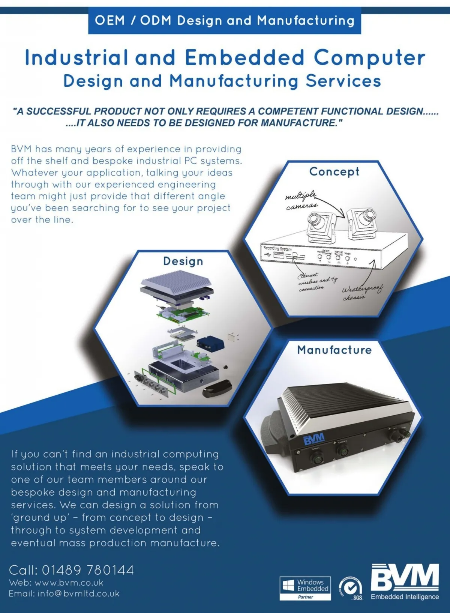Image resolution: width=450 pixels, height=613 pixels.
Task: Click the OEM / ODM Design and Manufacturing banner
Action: tap(224, 20)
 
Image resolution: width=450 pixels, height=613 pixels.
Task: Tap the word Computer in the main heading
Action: tap(369, 58)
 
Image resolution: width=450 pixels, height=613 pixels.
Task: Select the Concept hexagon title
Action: tap(334, 171)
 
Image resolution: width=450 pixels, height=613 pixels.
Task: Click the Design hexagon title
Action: tap(183, 261)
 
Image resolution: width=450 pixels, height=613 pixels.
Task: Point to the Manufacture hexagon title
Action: tap(334, 350)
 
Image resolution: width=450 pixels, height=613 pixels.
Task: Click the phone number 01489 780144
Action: tap(88, 570)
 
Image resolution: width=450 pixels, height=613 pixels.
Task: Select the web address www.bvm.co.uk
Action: tap(69, 583)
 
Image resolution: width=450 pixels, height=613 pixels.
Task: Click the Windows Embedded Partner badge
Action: tap(305, 588)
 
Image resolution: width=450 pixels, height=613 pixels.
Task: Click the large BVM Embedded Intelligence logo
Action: tap(405, 581)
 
